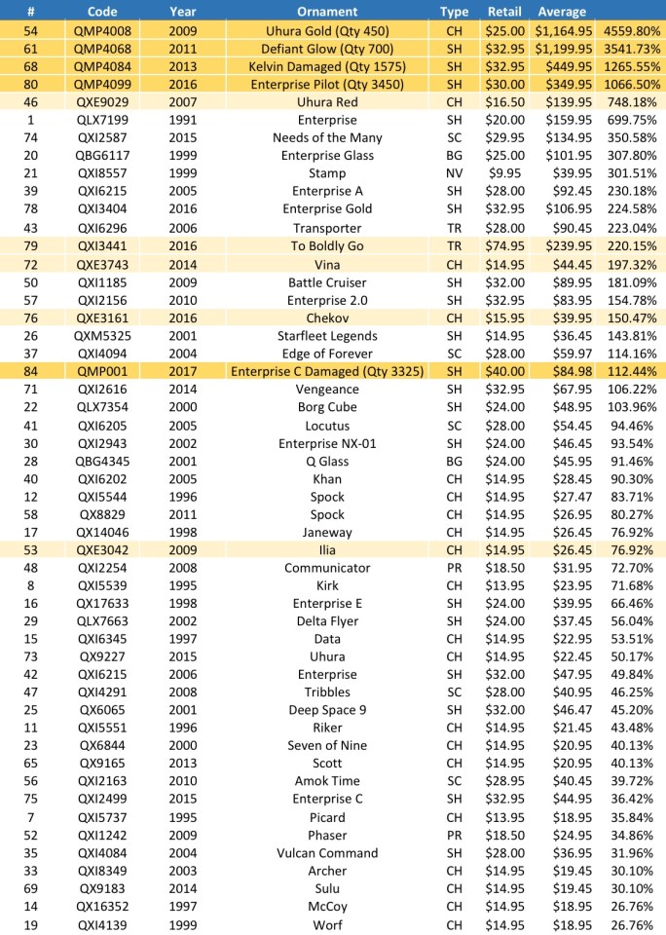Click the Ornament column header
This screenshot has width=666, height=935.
(x=327, y=12)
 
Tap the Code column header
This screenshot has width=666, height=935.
(x=102, y=12)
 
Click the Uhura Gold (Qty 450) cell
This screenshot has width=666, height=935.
(x=327, y=30)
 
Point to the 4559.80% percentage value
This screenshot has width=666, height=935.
(x=631, y=30)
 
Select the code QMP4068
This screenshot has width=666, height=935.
(x=102, y=48)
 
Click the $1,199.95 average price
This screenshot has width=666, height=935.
(x=562, y=48)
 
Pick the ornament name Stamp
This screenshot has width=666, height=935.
(x=327, y=173)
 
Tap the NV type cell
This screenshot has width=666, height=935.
(x=454, y=173)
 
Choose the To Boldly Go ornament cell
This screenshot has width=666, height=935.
(x=327, y=245)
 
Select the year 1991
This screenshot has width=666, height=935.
(x=182, y=120)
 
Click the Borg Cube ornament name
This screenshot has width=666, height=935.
(x=327, y=407)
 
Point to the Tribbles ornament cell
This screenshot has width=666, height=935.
(x=327, y=692)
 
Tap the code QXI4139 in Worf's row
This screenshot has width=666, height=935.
(x=102, y=925)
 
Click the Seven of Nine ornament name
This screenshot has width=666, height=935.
(x=327, y=746)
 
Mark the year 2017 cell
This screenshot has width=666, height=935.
(x=182, y=370)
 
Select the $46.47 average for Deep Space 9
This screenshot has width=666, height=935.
(x=562, y=710)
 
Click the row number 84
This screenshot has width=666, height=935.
(x=31, y=370)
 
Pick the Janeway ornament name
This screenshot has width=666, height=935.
(x=327, y=532)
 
